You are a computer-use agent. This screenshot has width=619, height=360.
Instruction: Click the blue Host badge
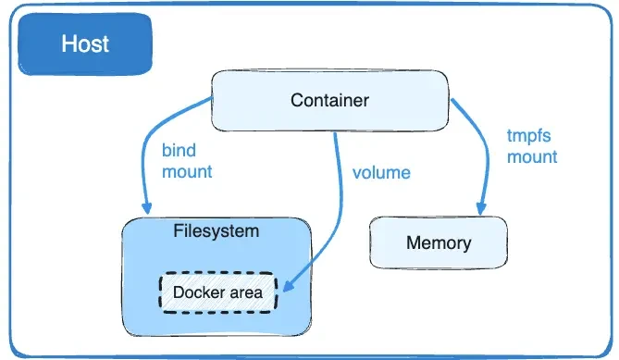pyautogui.click(x=85, y=43)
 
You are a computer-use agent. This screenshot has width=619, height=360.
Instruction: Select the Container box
pyautogui.click(x=329, y=100)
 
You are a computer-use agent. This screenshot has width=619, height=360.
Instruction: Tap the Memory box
pyautogui.click(x=438, y=243)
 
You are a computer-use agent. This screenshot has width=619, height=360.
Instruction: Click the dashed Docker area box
pyautogui.click(x=217, y=292)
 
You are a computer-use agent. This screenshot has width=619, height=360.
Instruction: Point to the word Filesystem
pyautogui.click(x=217, y=230)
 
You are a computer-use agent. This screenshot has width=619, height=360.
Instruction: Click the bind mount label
pyautogui.click(x=187, y=160)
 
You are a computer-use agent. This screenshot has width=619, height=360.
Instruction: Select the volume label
pyautogui.click(x=381, y=172)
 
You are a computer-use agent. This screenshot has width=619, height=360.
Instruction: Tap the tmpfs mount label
pyautogui.click(x=532, y=146)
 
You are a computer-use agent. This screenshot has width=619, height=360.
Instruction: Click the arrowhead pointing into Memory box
pyautogui.click(x=481, y=209)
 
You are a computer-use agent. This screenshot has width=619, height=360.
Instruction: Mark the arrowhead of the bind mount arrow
pyautogui.click(x=145, y=208)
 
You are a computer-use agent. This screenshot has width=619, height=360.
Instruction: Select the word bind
pyautogui.click(x=179, y=150)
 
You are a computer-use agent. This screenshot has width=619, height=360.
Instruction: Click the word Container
pyautogui.click(x=329, y=100)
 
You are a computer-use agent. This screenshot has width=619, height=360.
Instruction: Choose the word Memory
pyautogui.click(x=438, y=243)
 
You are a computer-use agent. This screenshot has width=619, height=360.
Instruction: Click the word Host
pyautogui.click(x=85, y=43)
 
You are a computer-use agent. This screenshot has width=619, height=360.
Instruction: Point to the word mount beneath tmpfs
pyautogui.click(x=532, y=156)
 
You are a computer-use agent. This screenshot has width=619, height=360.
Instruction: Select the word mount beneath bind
pyautogui.click(x=187, y=171)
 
